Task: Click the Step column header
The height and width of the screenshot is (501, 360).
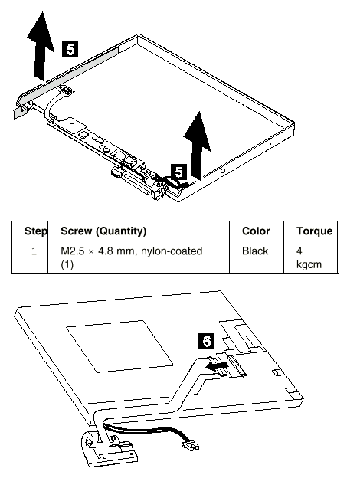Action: pyautogui.click(x=36, y=231)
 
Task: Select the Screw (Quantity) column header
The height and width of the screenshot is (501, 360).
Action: pyautogui.click(x=103, y=231)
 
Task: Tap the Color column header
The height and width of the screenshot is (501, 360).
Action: pyautogui.click(x=256, y=231)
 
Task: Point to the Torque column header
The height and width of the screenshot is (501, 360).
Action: pyautogui.click(x=314, y=231)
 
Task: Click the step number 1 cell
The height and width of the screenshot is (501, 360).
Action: pyautogui.click(x=34, y=251)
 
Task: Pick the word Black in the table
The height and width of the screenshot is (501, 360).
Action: pyautogui.click(x=255, y=250)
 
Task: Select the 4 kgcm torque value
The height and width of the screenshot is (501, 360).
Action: pyautogui.click(x=309, y=257)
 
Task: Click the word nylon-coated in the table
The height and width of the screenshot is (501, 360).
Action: pyautogui.click(x=172, y=251)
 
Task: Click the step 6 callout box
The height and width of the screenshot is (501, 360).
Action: pyautogui.click(x=207, y=341)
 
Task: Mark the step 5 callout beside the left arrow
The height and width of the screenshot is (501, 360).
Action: pyautogui.click(x=70, y=50)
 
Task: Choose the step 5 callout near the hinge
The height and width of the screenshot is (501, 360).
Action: pyautogui.click(x=179, y=172)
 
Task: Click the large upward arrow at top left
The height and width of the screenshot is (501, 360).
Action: pyautogui.click(x=41, y=46)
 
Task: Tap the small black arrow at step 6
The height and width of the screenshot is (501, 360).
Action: pyautogui.click(x=217, y=366)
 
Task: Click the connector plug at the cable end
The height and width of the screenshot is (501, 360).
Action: pyautogui.click(x=191, y=445)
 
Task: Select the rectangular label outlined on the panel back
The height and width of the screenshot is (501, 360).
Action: pyautogui.click(x=119, y=346)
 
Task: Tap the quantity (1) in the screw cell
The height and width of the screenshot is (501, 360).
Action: pyautogui.click(x=67, y=264)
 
